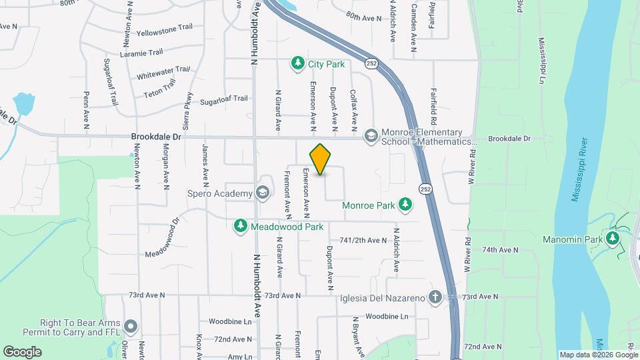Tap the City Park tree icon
click(x=297, y=64)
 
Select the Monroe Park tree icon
click(x=404, y=204)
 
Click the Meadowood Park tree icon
click(x=240, y=227)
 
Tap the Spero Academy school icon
click(x=263, y=193)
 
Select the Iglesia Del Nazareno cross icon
click(x=435, y=297)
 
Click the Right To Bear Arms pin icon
click(x=131, y=327)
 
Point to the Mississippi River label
click(x=579, y=170)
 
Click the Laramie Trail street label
click(x=141, y=53)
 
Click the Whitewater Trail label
click(x=163, y=73)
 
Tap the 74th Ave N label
click(x=500, y=250)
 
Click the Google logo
click(x=22, y=351)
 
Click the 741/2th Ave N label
click(x=363, y=240)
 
